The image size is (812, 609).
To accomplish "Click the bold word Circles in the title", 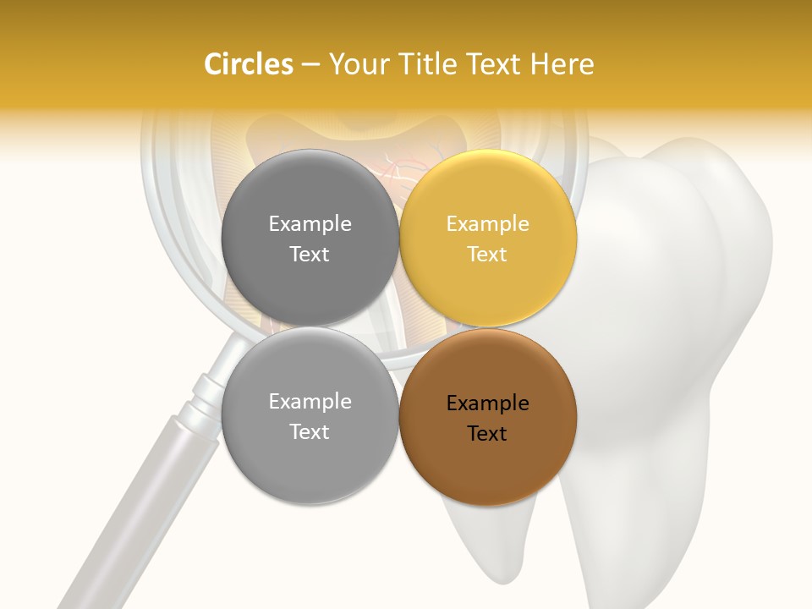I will [248, 64].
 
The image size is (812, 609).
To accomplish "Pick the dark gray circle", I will [310, 238].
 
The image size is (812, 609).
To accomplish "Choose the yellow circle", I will [488, 238].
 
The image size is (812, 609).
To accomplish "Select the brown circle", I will [488, 417].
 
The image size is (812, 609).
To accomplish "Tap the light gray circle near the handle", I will [310, 415].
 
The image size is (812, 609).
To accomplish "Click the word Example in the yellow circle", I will [487, 223].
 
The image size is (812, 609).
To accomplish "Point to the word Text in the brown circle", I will [487, 434].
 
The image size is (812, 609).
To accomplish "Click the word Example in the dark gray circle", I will [310, 223].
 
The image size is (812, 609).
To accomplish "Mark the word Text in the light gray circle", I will [310, 431].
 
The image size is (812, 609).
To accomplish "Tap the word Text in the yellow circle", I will [487, 254].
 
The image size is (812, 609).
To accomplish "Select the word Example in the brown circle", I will [487, 403].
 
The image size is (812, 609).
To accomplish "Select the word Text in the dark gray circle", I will [310, 254].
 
